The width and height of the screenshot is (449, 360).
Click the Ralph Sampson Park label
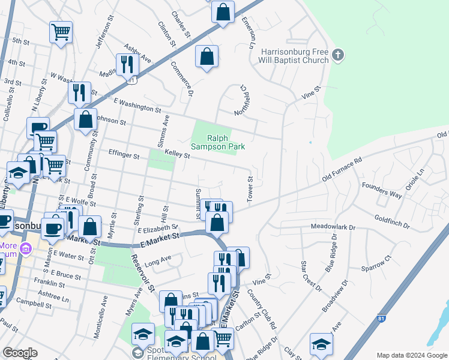point(218,142)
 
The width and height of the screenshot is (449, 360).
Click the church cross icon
point(338,55)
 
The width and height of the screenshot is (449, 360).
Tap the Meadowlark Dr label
point(333,228)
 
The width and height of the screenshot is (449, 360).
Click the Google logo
point(20,353)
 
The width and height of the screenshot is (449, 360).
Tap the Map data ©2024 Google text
point(412,355)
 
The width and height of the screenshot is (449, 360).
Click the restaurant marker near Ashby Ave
point(127,64)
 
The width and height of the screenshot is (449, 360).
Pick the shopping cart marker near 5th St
point(61,31)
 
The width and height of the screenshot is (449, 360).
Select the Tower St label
point(250,188)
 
